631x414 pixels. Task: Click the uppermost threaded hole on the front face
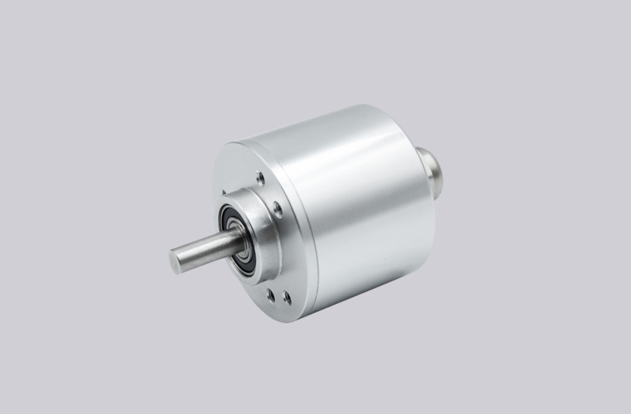(259, 178)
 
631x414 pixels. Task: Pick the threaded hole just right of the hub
(278, 210)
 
